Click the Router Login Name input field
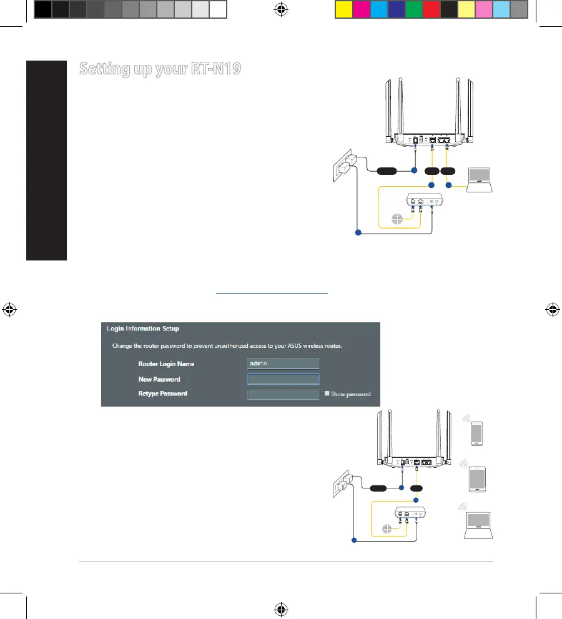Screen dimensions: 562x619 click(x=283, y=364)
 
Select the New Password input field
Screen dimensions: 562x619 click(x=283, y=379)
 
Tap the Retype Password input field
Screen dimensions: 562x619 click(x=283, y=394)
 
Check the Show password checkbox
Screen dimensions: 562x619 click(x=327, y=394)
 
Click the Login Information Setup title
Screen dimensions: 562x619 click(x=144, y=328)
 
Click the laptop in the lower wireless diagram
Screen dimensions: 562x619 click(x=478, y=525)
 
